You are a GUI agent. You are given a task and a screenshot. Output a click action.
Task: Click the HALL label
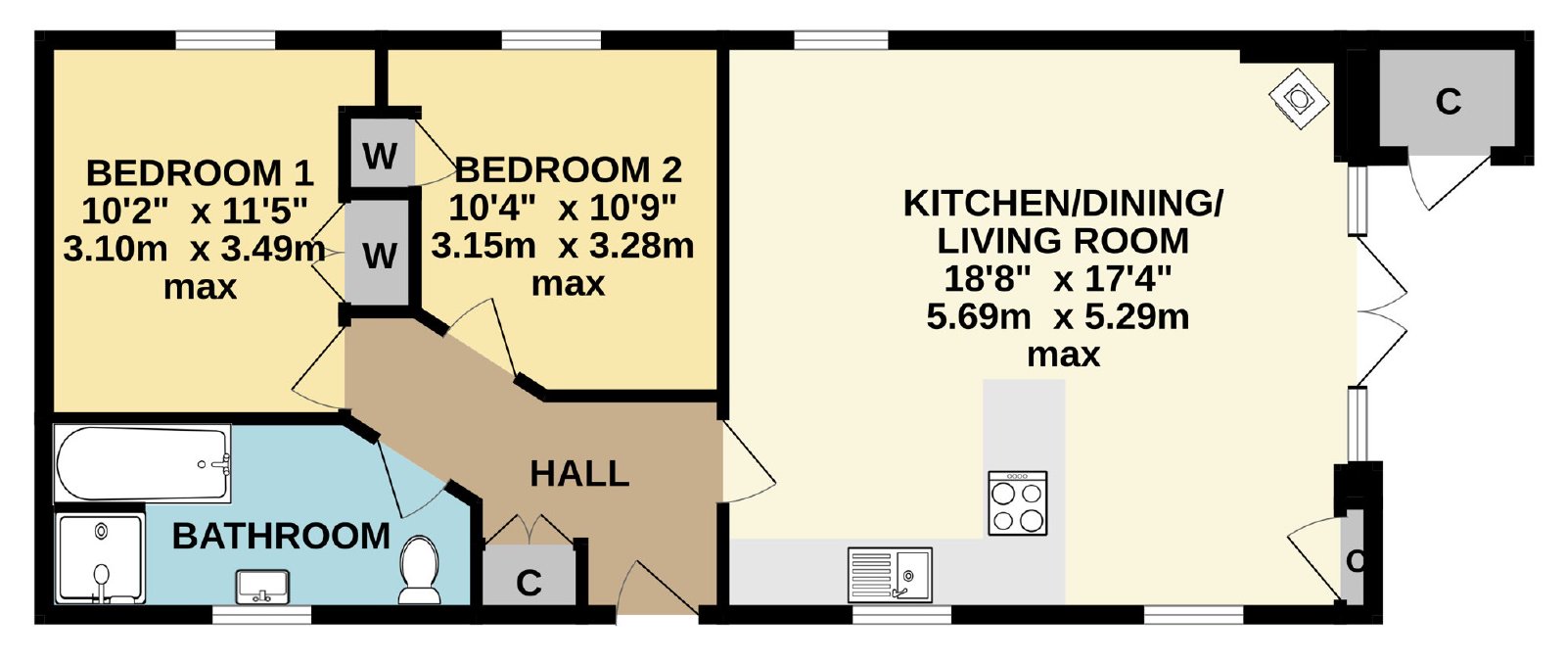(579, 473)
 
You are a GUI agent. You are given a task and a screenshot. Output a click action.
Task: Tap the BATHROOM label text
(281, 537)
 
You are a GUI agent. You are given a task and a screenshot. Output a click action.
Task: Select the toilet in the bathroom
(420, 569)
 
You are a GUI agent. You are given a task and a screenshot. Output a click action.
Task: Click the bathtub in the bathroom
(143, 463)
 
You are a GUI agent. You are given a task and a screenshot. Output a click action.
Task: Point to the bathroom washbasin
(263, 586)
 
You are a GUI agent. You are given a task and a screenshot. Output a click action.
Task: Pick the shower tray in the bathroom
(101, 558)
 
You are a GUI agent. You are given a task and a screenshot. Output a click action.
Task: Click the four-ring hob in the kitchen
(1017, 502)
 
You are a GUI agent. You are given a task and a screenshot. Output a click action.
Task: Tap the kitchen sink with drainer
(890, 574)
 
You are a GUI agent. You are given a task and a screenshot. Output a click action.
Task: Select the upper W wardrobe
(381, 155)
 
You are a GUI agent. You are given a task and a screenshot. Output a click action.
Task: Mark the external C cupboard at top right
(1447, 100)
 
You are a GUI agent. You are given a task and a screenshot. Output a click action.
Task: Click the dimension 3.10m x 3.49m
(195, 249)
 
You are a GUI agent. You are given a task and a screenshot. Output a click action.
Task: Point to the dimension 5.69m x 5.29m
(1058, 317)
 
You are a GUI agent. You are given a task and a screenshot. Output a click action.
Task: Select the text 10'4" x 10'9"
(563, 208)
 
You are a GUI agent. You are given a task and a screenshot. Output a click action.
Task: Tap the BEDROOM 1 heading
(200, 172)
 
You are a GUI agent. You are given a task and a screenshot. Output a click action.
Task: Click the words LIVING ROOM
(1063, 241)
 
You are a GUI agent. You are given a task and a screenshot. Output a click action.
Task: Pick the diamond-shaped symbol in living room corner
(1298, 99)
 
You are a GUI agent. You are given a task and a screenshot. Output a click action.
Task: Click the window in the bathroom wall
(261, 614)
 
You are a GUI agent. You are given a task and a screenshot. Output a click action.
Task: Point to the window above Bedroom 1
(225, 40)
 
